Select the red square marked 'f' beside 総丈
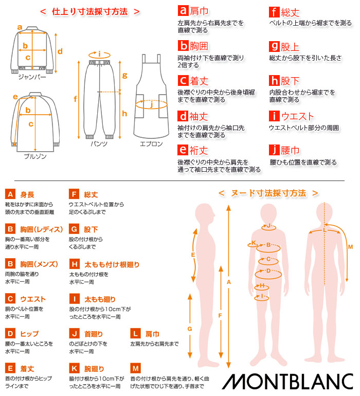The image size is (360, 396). coord(275,11)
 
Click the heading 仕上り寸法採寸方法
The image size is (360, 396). coord(90,11)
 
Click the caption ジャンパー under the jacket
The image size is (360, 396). coord(32,77)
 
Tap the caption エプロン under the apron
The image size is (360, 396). coord(151,144)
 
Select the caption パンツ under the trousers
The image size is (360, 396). coord(99,144)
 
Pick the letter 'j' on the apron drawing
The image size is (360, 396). coord(151,105)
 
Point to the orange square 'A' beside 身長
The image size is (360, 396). coord(10,194)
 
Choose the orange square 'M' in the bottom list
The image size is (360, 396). coord(136,369)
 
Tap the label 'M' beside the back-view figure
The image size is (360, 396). coord(350,247)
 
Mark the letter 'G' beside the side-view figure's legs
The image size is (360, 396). coord(189,328)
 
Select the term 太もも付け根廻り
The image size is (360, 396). coord(112,264)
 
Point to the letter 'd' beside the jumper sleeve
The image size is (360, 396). coord(60,51)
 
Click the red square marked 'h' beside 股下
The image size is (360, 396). coord(275,81)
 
